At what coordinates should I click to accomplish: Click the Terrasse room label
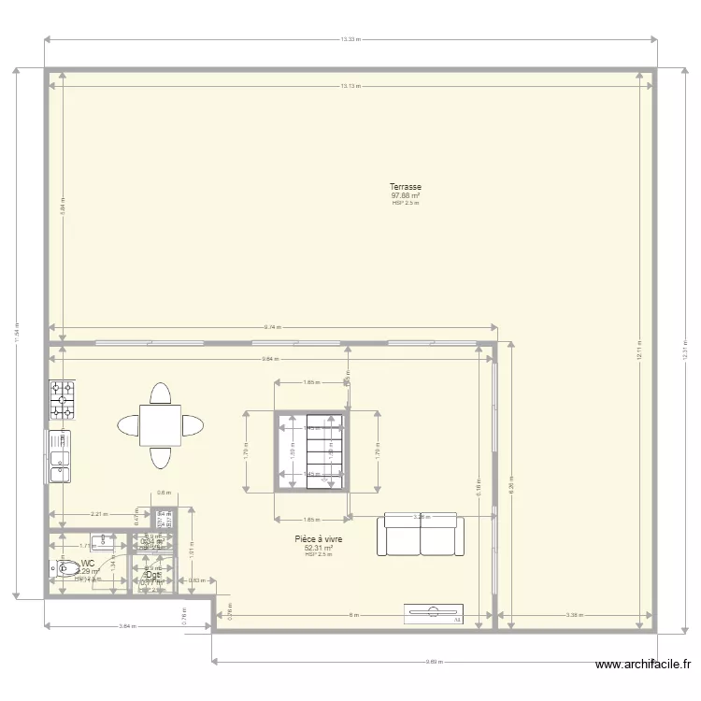click(x=406, y=187)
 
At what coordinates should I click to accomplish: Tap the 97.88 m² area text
click(x=406, y=195)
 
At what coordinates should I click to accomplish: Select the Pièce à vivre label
click(x=319, y=539)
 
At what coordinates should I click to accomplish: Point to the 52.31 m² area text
click(x=319, y=548)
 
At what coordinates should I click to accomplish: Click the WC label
click(x=88, y=564)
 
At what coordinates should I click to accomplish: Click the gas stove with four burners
click(x=63, y=399)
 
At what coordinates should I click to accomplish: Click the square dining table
click(x=161, y=425)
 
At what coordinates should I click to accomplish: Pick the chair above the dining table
click(x=161, y=392)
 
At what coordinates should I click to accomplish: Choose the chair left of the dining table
click(x=127, y=425)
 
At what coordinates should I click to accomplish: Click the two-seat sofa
click(x=420, y=535)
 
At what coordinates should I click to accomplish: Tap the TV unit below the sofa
click(x=434, y=613)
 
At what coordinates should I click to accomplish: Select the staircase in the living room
click(x=311, y=451)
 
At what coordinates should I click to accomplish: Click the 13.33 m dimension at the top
click(x=350, y=39)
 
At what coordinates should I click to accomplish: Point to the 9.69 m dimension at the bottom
click(x=434, y=662)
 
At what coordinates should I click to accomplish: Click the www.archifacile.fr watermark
click(x=644, y=665)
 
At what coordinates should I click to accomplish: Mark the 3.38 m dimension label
click(x=576, y=615)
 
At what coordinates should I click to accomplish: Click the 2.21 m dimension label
click(x=98, y=513)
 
